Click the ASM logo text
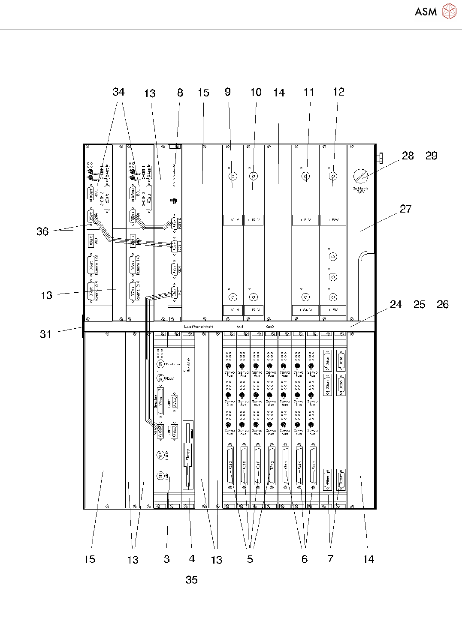point(426,12)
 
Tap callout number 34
point(119,92)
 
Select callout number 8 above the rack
point(180,93)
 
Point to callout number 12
point(338,92)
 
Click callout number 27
point(406,209)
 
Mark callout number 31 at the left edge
point(45,334)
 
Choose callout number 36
point(42,231)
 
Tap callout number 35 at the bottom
point(192,580)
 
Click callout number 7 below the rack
point(330,559)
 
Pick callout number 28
point(408,156)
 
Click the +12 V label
point(233,220)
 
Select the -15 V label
point(254,310)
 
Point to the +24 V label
point(305,310)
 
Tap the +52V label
point(333,220)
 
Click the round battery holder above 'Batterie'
point(361,176)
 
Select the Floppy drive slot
point(187,454)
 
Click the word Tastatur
point(174,364)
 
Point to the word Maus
point(169,378)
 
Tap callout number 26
point(443,305)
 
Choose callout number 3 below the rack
point(167,559)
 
